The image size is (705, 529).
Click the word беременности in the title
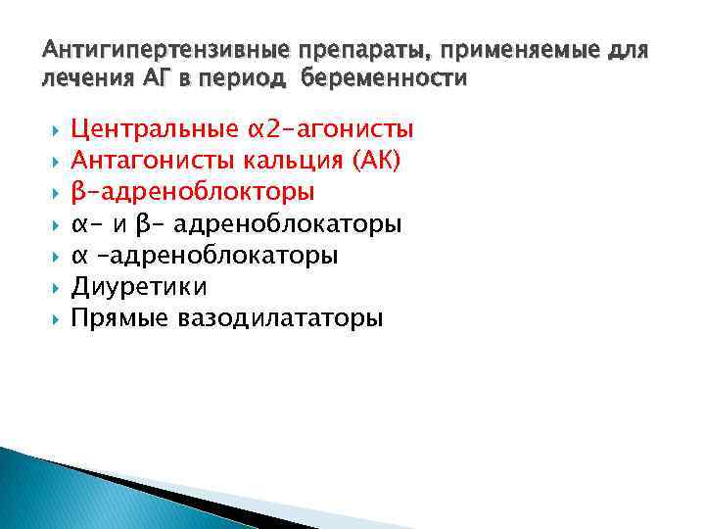click(x=385, y=77)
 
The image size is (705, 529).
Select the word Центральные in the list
click(x=154, y=129)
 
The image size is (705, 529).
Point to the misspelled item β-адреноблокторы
click(x=194, y=192)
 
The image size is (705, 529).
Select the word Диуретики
click(x=139, y=287)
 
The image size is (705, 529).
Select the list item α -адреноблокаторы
click(x=205, y=256)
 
